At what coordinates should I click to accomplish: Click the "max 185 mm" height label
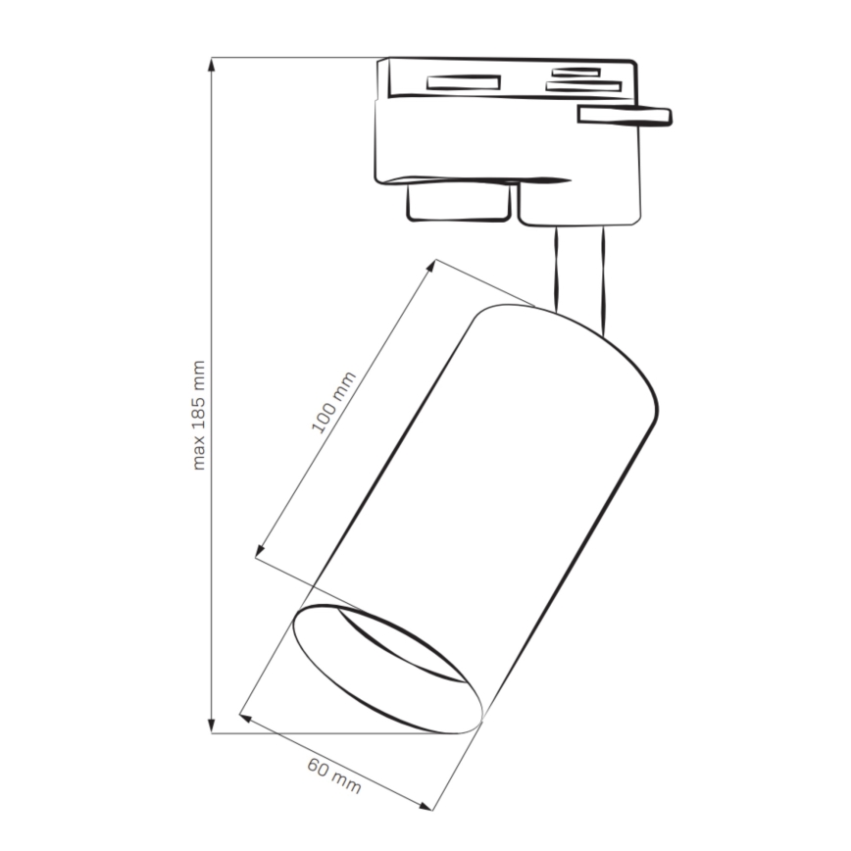[199, 415]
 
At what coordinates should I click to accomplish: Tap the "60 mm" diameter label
[333, 776]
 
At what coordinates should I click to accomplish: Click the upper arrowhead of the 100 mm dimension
[431, 265]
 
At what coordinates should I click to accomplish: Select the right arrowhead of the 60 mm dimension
[427, 807]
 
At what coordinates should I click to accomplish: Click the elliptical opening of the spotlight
[387, 669]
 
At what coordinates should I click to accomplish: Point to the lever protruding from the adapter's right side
[625, 116]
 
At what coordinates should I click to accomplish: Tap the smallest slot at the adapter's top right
[576, 72]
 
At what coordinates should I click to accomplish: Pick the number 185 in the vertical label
[199, 403]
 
